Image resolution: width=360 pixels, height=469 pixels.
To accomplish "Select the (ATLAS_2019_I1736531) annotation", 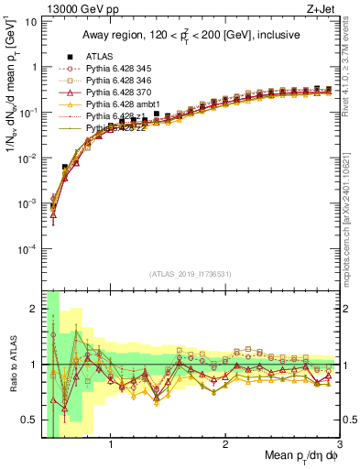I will [x=190, y=272].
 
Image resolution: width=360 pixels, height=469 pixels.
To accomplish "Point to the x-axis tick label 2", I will [x=225, y=446].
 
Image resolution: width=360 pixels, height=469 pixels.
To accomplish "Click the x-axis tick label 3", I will [x=340, y=446].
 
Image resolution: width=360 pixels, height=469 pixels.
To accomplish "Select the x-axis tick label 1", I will [x=111, y=446].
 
